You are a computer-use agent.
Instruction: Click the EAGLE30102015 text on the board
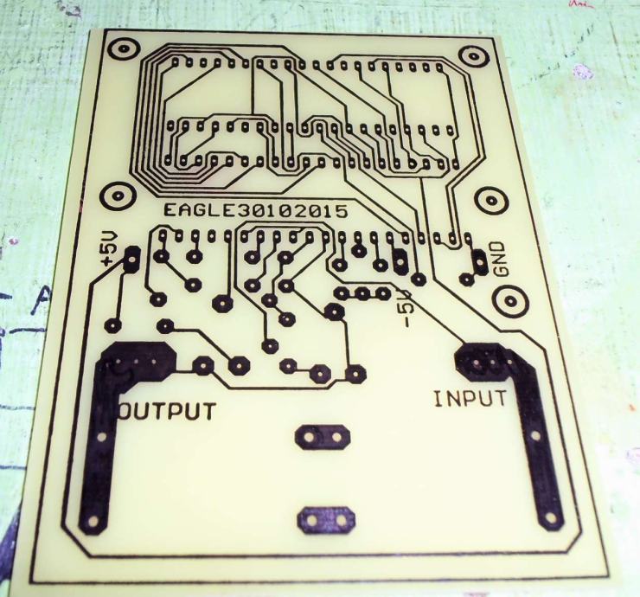pos(255,210)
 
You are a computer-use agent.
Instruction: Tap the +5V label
pos(106,248)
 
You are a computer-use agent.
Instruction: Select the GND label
pos(501,257)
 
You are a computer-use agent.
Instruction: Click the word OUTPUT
pos(167,409)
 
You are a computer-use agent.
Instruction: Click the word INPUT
pos(470,399)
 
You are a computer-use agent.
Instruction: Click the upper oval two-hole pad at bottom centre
pos(322,436)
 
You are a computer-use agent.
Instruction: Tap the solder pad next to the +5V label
pos(132,257)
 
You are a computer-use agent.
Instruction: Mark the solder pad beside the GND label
pos(477,260)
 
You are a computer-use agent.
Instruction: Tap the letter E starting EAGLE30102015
pos(169,211)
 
